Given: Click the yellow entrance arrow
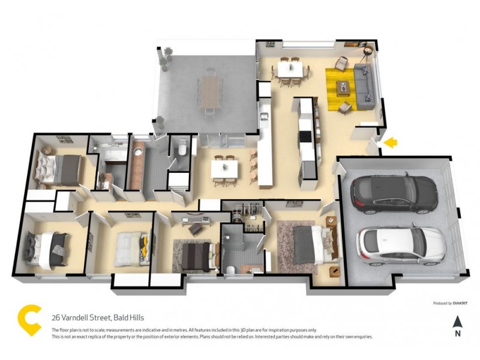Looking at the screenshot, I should tap(391, 142).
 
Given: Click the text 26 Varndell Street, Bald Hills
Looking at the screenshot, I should tap(98, 317).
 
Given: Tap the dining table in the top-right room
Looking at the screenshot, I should tap(290, 69).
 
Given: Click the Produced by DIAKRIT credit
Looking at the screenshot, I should tap(451, 304).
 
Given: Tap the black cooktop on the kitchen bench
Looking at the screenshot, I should tap(306, 136).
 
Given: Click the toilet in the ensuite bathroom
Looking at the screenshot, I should tap(230, 268).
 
